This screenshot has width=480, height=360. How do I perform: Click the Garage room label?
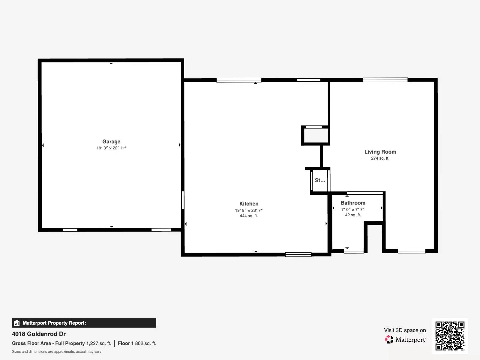tap(111, 142)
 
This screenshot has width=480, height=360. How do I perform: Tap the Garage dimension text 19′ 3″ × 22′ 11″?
tap(111, 148)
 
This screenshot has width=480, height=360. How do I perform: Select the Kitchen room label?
tap(249, 204)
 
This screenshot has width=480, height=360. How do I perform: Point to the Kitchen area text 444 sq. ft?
tap(249, 216)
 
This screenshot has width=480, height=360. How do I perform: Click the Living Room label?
tap(380, 152)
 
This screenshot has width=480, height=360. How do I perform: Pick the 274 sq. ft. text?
tap(380, 158)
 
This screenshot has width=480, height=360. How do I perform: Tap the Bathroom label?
tap(353, 203)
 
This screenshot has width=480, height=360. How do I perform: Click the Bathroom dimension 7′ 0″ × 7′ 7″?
tap(353, 210)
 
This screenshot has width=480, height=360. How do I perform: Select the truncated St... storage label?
tap(320, 180)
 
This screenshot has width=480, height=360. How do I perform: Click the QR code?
tap(450, 336)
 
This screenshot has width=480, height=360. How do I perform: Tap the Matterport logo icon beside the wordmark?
tap(389, 340)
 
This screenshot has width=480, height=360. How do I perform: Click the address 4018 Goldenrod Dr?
tap(39, 334)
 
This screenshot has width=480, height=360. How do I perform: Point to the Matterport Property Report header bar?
tap(84, 323)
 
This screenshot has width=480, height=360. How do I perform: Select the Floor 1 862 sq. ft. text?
tap(137, 343)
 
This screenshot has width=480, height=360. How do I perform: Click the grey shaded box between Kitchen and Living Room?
tap(315, 136)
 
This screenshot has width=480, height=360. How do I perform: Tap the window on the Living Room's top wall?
tap(385, 80)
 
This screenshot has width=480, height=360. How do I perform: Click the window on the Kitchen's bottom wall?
tap(298, 254)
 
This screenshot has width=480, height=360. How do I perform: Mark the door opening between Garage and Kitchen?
tap(183, 200)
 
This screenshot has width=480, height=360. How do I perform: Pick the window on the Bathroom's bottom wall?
tap(354, 251)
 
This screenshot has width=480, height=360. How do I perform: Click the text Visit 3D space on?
tap(405, 330)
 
